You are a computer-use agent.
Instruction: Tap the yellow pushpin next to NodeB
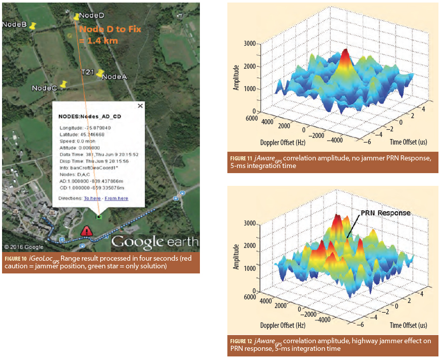[34, 26]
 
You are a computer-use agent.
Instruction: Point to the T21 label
[87, 73]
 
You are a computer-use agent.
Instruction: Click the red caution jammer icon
[87, 231]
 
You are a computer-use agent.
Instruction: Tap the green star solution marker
[99, 217]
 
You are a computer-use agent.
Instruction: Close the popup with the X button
[140, 106]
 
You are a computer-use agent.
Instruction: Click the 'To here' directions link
[92, 198]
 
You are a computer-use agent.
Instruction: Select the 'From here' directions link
[116, 198]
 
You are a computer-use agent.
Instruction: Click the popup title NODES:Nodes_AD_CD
[90, 117]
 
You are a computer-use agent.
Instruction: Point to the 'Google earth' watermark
[153, 241]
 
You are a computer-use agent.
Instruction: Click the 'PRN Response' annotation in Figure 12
[385, 213]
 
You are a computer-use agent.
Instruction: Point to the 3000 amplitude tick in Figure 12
[249, 223]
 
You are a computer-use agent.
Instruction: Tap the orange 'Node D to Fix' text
[110, 30]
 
